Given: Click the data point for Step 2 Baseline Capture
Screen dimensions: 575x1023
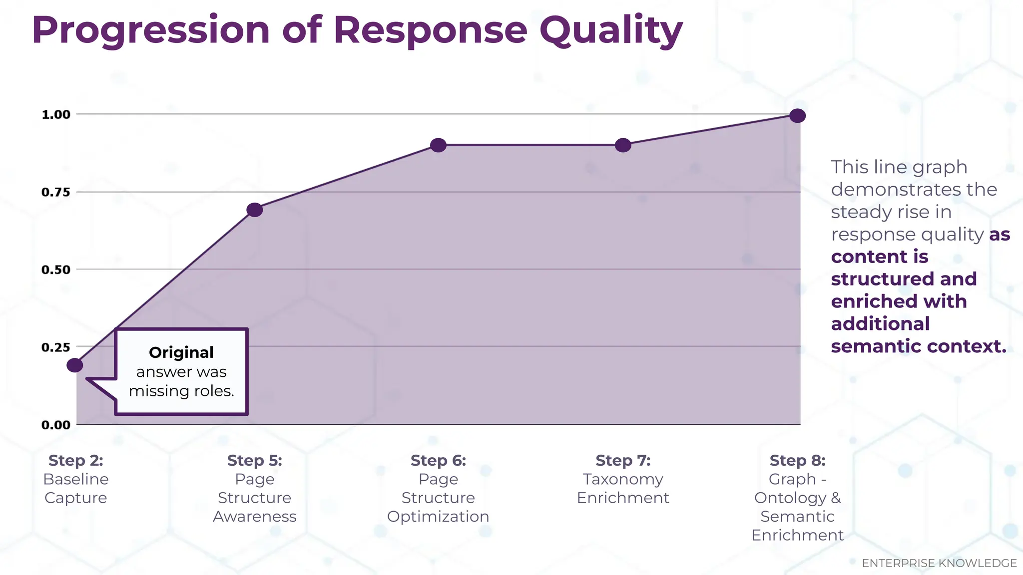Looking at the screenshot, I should pos(75,365).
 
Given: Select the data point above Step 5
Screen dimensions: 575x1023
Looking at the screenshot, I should pos(255,210).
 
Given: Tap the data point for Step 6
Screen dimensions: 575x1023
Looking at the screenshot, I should pos(438,145).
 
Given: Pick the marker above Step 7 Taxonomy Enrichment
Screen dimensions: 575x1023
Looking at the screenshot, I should pos(623,145).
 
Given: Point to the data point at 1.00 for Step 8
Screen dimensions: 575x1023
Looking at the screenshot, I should pos(798,116).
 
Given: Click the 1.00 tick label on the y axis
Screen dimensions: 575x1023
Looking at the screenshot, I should pos(56,115).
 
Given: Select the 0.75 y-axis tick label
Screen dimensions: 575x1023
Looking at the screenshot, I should pos(56,192).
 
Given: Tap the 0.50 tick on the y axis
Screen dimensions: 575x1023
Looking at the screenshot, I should pos(56,270).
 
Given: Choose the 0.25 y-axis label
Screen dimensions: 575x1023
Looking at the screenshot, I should pos(56,347).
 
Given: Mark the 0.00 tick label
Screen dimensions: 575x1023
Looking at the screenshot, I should pos(56,425).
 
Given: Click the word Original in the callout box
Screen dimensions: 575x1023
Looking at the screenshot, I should pos(181,352).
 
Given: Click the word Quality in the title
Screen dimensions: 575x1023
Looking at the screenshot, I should pos(611,30).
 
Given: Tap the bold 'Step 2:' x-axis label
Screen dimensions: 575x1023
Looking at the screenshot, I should pos(76,460).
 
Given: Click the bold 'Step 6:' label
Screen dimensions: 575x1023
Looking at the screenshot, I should pos(438,460).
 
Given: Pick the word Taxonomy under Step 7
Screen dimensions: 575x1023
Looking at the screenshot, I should pos(623,479).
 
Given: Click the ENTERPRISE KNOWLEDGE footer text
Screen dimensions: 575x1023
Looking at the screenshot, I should pos(939,563).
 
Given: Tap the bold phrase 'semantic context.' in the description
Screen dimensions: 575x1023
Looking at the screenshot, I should pos(918,346).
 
